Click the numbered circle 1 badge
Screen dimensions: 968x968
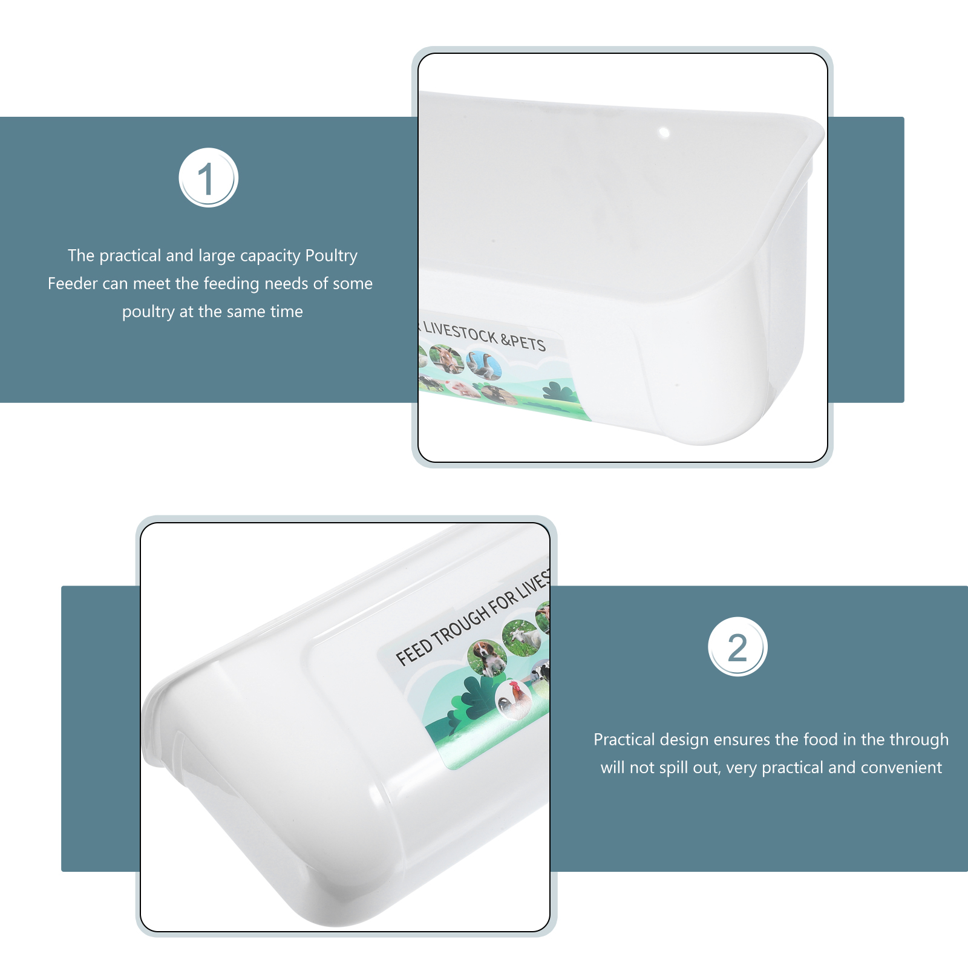coord(209,178)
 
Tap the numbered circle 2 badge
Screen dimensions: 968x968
coord(737,647)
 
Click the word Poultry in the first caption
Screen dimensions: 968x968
coord(331,256)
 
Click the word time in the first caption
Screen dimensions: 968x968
coord(286,312)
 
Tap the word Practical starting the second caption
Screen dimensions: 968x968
coord(624,739)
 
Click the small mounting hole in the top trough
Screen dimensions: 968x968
coord(664,132)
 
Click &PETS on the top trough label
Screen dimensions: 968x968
coord(523,341)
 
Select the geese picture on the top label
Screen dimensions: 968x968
coord(483,365)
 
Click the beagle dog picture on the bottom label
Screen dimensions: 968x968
coord(488,658)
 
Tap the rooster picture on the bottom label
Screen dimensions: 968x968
coord(514,699)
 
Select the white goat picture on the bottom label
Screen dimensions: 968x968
coord(521,638)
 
